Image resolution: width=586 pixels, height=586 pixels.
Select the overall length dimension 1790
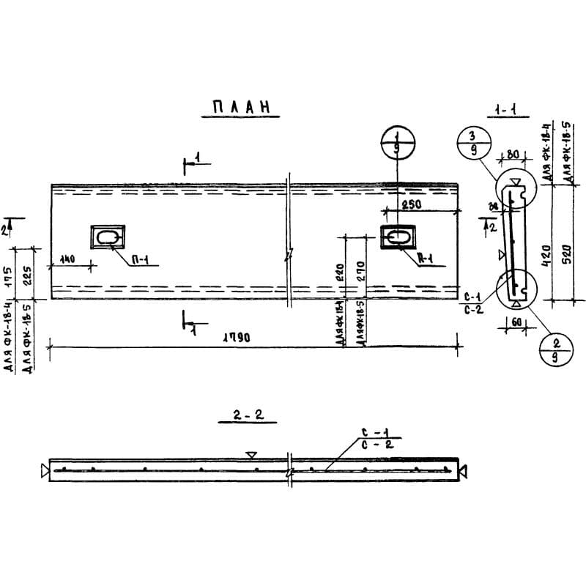coord(234,338)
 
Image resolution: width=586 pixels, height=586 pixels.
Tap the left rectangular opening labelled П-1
coord(107,237)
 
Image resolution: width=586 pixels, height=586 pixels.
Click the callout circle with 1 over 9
coord(396,141)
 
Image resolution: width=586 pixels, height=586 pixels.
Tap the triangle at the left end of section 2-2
coord(45,470)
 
